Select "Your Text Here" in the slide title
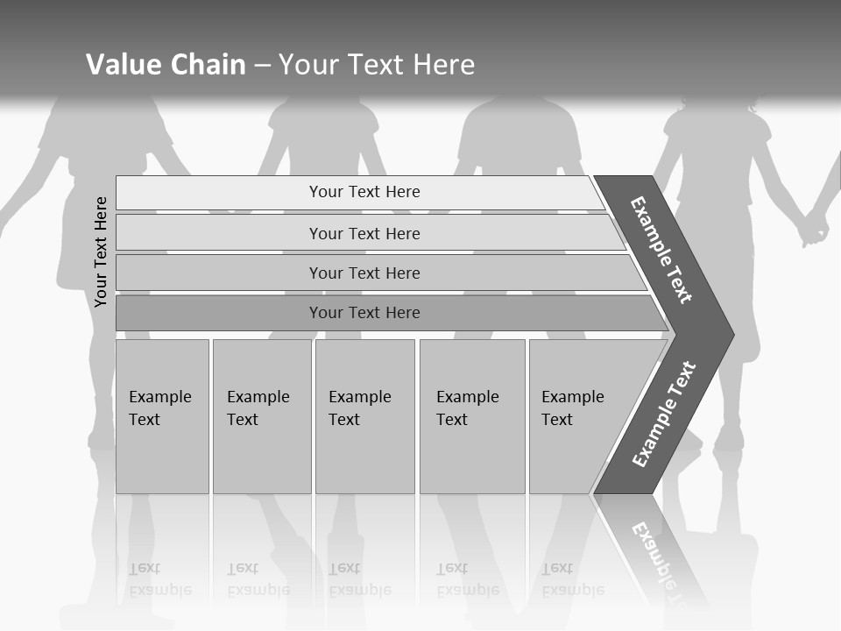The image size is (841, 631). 377,64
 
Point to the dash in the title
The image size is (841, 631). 262,65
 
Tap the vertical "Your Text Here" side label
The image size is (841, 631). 101,252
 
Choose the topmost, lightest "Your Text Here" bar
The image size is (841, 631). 364,192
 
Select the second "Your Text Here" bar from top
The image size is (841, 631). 364,233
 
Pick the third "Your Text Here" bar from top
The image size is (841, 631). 364,273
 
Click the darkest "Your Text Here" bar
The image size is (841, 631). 364,313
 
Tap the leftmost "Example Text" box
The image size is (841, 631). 162,415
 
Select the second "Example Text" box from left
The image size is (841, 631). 261,415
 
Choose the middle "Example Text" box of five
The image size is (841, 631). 364,415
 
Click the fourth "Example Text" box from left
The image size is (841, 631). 471,415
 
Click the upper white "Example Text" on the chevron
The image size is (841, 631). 661,250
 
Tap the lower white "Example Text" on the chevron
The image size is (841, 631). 664,414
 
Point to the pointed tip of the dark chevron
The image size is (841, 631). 732,334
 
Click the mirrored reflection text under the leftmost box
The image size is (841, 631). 159,579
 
